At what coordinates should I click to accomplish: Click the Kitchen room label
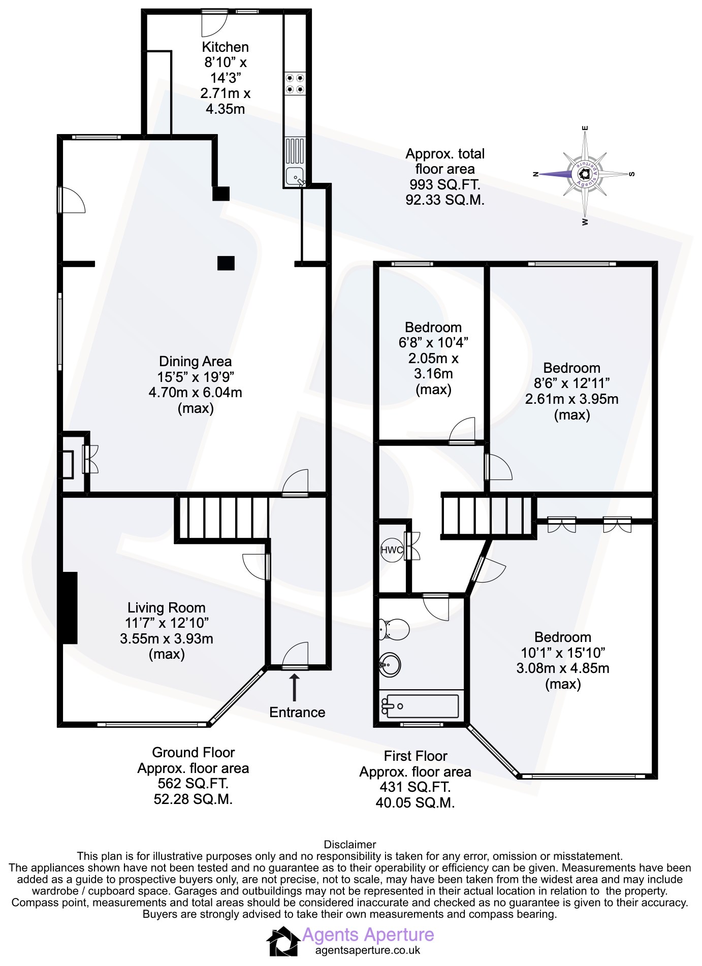pyautogui.click(x=225, y=47)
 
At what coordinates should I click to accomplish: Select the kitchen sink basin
pyautogui.click(x=295, y=176)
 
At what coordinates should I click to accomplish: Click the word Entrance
pyautogui.click(x=297, y=712)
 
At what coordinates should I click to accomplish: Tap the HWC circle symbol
pyautogui.click(x=392, y=550)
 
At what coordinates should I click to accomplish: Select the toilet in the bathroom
pyautogui.click(x=394, y=629)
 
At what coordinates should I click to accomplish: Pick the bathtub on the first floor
pyautogui.click(x=421, y=705)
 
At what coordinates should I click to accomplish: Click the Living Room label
pyautogui.click(x=167, y=607)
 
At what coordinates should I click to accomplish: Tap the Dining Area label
pyautogui.click(x=196, y=361)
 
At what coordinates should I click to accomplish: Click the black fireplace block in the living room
pyautogui.click(x=70, y=608)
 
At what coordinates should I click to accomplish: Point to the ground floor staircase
pyautogui.click(x=222, y=519)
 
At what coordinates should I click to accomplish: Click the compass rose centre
pyautogui.click(x=585, y=174)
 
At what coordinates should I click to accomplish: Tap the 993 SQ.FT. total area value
pyautogui.click(x=445, y=184)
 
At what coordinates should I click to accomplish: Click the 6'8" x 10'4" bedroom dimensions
pyautogui.click(x=433, y=342)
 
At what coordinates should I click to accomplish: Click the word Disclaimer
pyautogui.click(x=350, y=844)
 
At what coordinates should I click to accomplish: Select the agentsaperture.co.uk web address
pyautogui.click(x=368, y=950)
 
